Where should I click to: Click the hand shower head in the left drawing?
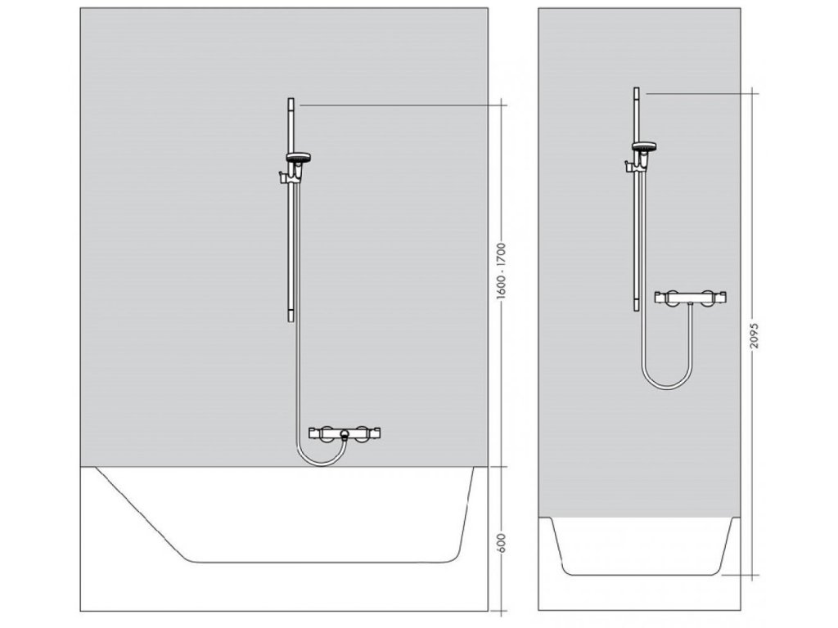(297, 155)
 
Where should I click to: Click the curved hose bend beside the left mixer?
(305, 455)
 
